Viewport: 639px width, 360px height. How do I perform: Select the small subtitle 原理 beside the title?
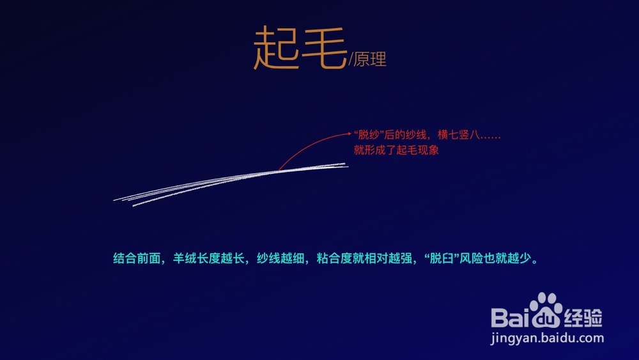(370, 59)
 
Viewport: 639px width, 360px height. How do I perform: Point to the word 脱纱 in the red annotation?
(369, 135)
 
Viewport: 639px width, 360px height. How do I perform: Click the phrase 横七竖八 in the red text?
(458, 135)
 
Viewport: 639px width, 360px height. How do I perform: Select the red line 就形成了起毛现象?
(396, 150)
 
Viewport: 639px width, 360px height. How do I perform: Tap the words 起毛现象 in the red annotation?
(418, 150)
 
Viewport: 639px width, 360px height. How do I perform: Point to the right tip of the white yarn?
(347, 165)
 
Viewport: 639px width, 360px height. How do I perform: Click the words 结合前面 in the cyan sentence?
(137, 258)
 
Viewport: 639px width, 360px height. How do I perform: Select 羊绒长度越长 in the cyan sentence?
(209, 258)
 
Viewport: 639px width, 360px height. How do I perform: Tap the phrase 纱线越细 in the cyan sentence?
(281, 258)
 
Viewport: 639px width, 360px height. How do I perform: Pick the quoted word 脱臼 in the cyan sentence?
(442, 258)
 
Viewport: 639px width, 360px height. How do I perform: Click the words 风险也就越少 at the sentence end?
(496, 258)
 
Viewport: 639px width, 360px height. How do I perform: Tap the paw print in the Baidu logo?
(546, 310)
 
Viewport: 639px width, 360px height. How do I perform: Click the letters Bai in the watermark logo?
(510, 318)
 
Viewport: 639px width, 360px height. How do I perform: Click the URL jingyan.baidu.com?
(548, 338)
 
